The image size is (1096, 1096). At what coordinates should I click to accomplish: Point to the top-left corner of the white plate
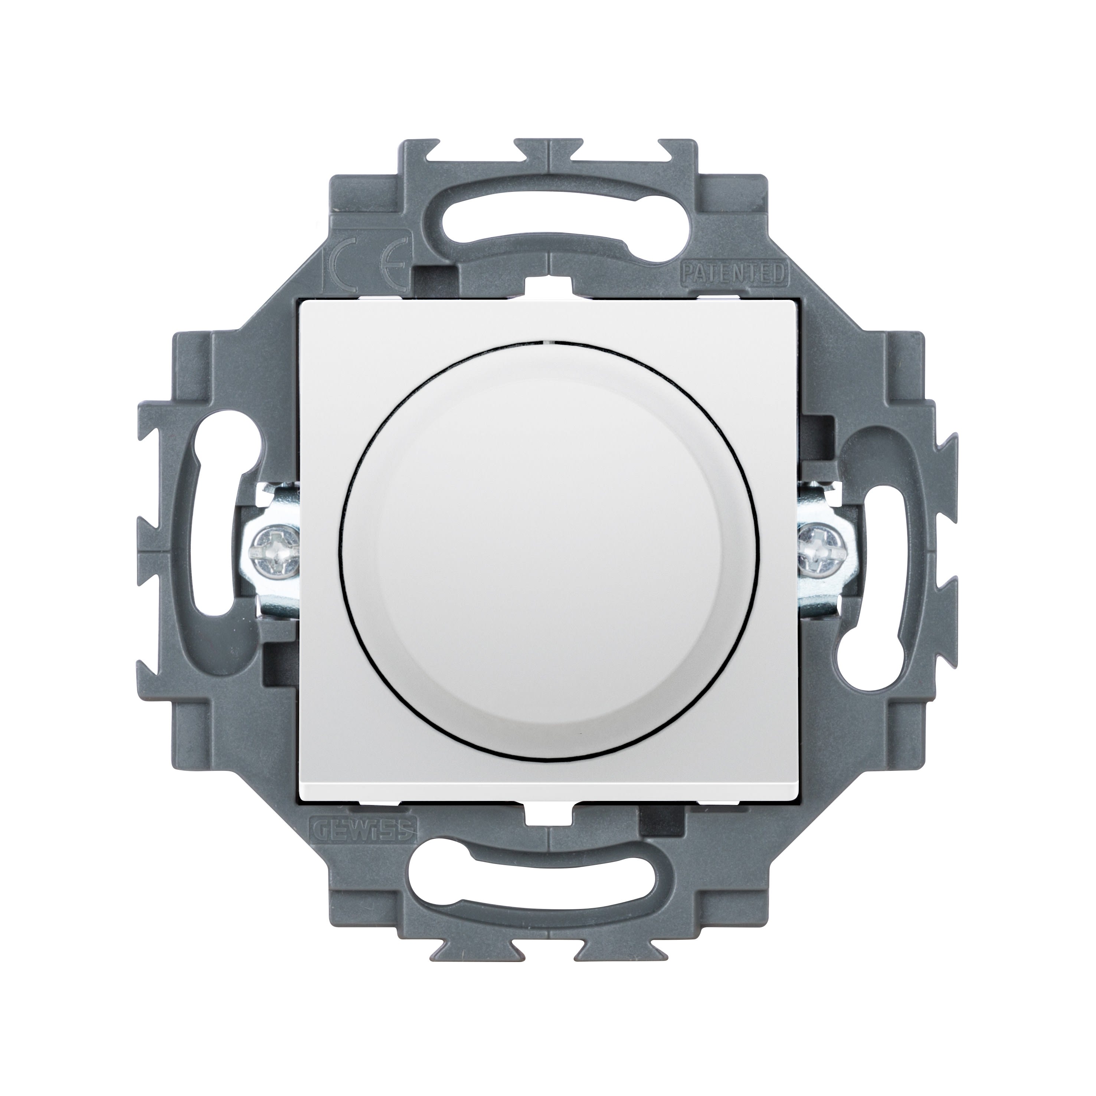point(301,301)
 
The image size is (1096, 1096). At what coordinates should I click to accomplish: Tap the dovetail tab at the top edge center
point(548,150)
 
